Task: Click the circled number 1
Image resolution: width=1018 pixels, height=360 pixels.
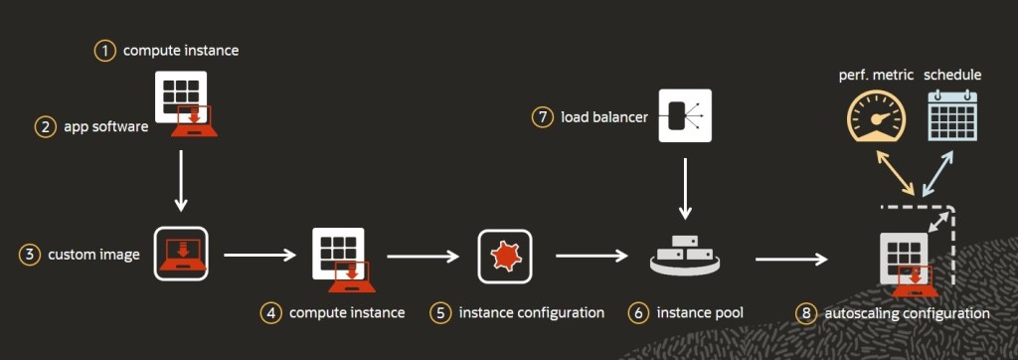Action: tap(105, 50)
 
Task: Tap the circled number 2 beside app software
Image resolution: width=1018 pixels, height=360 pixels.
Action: tap(46, 126)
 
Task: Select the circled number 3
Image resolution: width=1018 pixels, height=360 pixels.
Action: tap(30, 255)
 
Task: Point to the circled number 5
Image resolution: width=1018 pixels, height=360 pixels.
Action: tap(440, 312)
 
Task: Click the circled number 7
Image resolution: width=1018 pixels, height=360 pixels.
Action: tap(542, 117)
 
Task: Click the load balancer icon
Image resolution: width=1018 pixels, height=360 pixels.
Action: tap(685, 117)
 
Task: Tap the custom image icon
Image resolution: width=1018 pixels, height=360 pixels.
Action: tap(180, 255)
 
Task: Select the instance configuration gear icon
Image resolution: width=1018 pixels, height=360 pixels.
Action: tap(505, 256)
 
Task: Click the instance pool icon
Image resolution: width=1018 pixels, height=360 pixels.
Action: tap(685, 257)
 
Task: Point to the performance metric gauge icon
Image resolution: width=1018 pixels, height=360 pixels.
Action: tap(876, 119)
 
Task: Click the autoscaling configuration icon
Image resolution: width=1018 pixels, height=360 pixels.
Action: tap(908, 261)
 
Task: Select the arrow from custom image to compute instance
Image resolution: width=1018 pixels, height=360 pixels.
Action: tap(260, 256)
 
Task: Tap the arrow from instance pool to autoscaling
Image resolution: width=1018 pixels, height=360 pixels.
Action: tap(791, 261)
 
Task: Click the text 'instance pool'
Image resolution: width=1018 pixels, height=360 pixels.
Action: tap(700, 312)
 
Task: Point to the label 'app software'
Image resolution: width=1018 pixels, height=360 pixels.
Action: tap(105, 126)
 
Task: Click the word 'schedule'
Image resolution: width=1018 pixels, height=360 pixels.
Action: tap(952, 76)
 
